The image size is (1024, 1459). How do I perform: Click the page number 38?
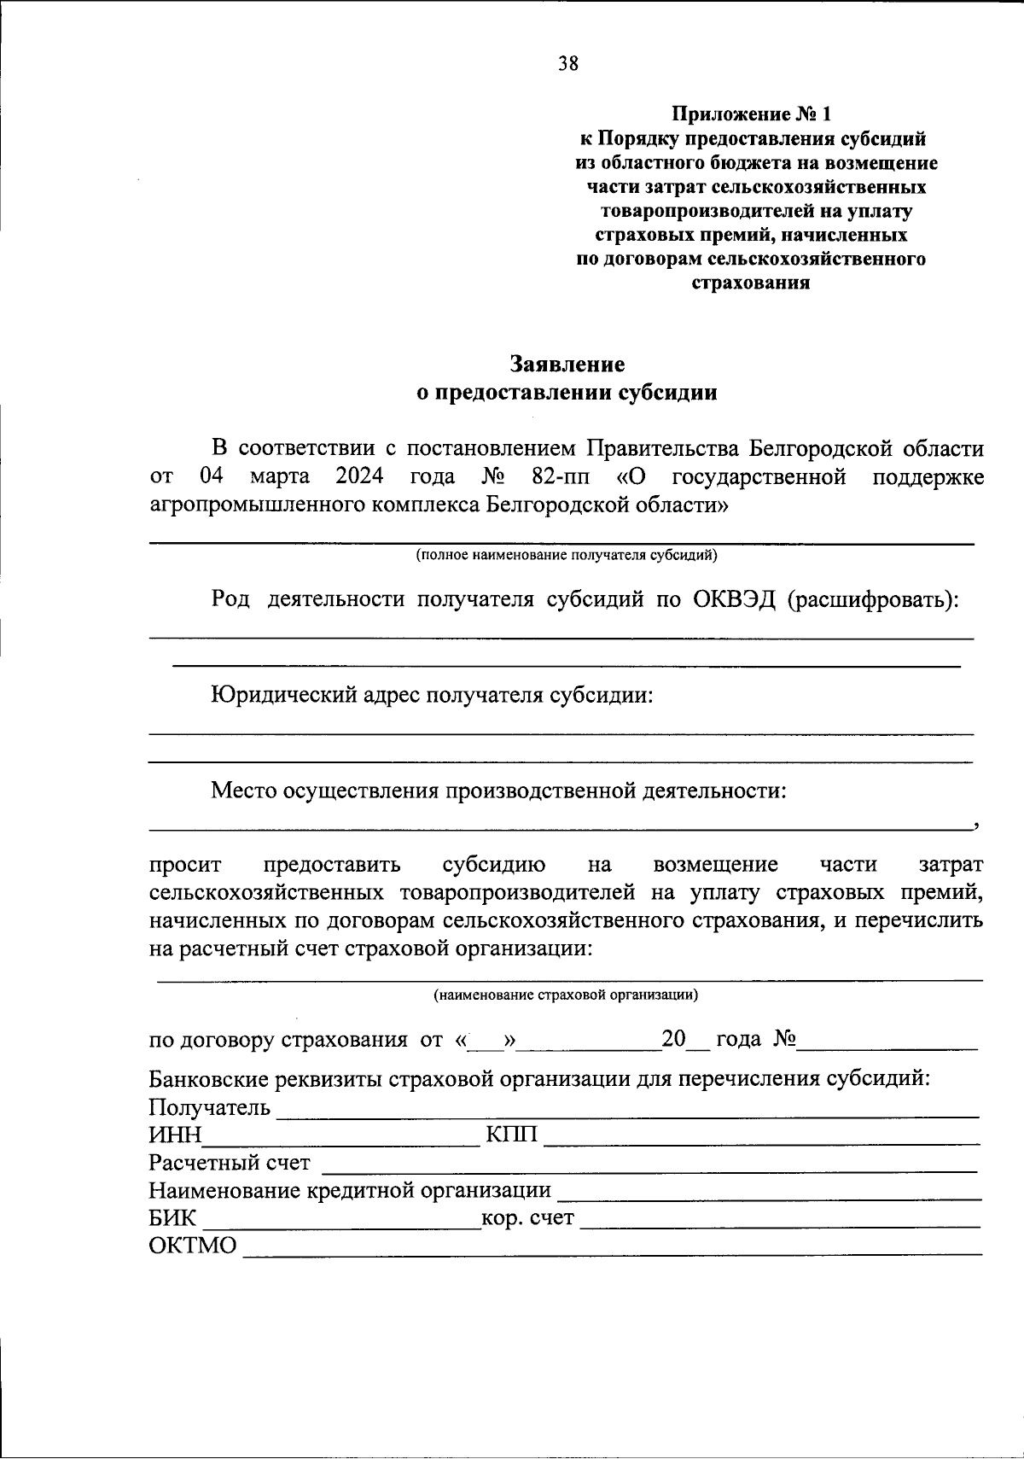tap(567, 63)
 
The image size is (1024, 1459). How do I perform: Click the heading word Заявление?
tap(567, 365)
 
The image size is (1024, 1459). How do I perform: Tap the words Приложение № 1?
tap(750, 114)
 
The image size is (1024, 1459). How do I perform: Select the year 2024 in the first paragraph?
tap(359, 476)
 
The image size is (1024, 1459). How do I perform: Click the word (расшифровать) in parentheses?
tap(871, 599)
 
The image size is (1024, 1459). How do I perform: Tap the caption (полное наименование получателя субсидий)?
tap(567, 556)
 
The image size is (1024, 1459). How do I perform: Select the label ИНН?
tap(175, 1135)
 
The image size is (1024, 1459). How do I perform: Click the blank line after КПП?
tap(761, 1137)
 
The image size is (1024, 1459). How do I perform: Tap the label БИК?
tap(172, 1217)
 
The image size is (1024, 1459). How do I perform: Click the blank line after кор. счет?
tap(780, 1221)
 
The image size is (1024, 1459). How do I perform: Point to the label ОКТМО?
tap(193, 1246)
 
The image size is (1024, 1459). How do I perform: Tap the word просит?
tap(185, 865)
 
